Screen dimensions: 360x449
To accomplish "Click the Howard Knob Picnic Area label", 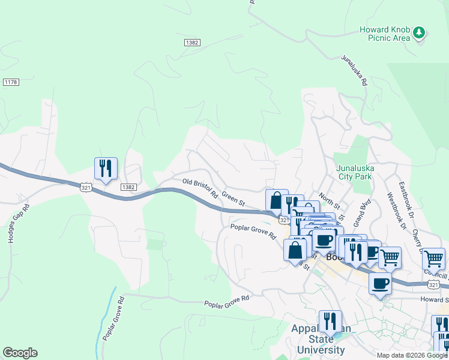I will point(384,34).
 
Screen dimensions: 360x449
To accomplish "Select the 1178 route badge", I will point(10,82).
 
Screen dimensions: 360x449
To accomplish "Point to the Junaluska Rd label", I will point(354,71).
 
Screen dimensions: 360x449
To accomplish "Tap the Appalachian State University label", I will point(318,340).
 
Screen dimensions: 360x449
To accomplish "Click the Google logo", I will point(20,353).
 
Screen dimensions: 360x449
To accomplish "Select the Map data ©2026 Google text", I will point(412,355).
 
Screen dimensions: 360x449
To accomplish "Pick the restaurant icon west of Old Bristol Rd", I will point(106,169).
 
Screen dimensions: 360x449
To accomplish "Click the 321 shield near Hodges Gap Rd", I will point(86,187).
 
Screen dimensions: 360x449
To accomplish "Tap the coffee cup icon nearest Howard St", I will point(380,283).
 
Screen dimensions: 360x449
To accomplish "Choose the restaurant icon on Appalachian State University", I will point(330,322).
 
